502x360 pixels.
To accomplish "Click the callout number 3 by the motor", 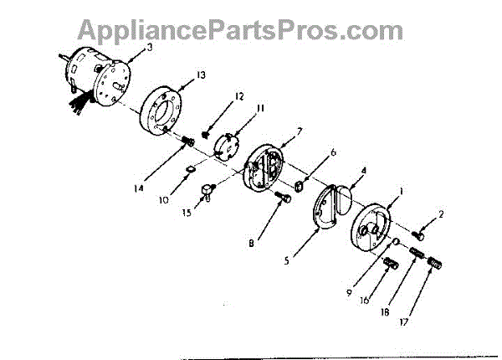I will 149,47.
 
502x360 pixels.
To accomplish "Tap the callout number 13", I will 201,75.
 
